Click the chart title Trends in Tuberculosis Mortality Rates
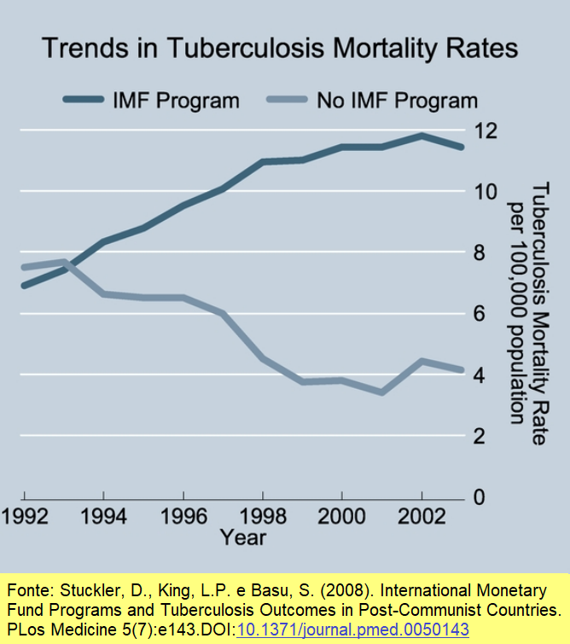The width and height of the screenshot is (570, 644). [x=279, y=48]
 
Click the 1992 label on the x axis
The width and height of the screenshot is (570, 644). [x=25, y=517]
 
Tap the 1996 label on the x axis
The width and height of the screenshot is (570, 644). [x=183, y=517]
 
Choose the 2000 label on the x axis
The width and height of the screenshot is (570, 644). [x=341, y=517]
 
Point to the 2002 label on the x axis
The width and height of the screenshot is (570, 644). [x=421, y=517]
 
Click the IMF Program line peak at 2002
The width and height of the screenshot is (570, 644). [x=421, y=135]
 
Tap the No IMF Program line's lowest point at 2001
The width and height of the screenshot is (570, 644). [x=381, y=392]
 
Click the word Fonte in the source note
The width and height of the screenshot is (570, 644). [x=26, y=590]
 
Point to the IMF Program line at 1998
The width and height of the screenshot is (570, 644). [x=263, y=161]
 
